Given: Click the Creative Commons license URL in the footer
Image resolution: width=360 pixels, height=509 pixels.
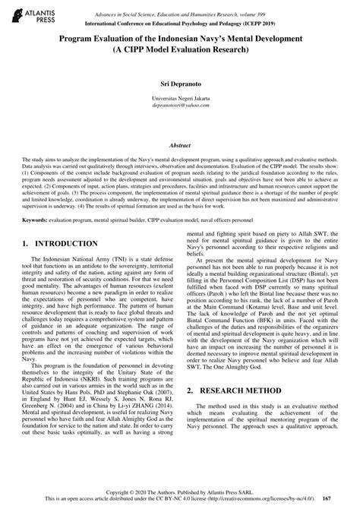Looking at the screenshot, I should click(261, 498).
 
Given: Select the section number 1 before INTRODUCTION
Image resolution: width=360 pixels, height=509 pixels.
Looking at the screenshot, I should click(27, 243).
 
